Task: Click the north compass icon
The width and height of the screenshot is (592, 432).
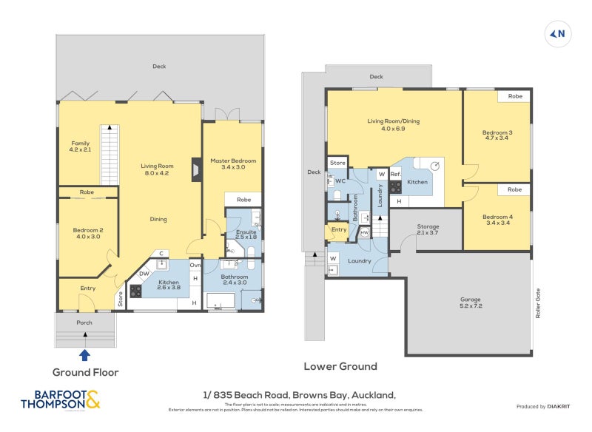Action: coord(559,33)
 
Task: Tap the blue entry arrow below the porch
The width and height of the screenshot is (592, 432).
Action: coord(85,355)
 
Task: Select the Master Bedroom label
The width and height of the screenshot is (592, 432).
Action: coord(232,164)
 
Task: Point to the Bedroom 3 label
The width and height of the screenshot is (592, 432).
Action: coord(498,137)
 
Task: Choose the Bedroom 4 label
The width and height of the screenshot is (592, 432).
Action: coord(497,221)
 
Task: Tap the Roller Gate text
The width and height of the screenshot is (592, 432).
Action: coord(539,303)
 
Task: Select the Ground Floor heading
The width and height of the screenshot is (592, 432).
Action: coord(85,372)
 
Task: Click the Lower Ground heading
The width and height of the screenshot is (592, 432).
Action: coord(340,366)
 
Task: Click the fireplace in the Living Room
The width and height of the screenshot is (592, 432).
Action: coord(194,169)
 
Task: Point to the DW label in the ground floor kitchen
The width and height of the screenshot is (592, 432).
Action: coord(144,273)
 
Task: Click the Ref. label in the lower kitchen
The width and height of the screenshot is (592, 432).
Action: coord(395,175)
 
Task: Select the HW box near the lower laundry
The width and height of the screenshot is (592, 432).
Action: coord(364,233)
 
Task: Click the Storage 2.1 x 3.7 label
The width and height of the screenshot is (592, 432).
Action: coord(428,230)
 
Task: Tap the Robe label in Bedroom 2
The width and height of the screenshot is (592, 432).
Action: coord(87,192)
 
